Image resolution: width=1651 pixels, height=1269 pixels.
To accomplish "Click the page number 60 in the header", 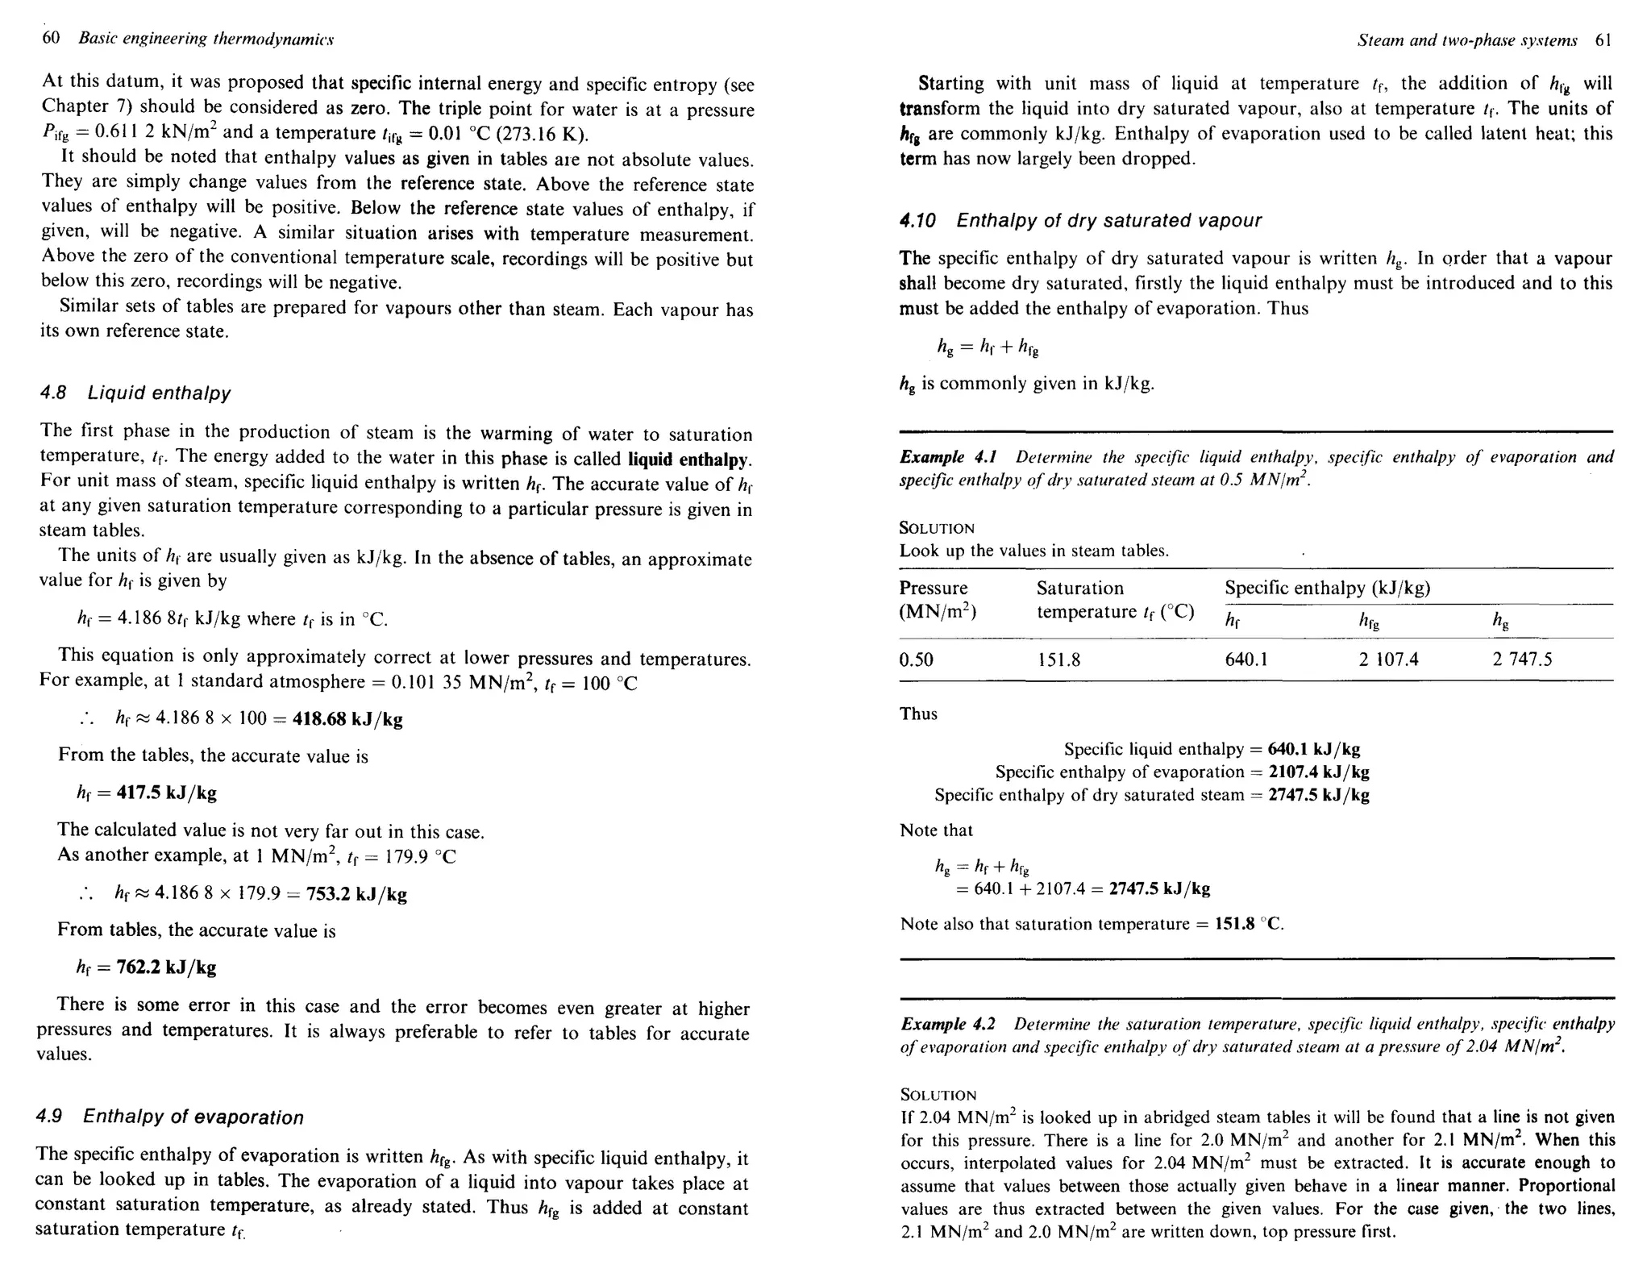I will (x=50, y=38).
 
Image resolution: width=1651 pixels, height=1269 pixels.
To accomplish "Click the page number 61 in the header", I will (x=1603, y=40).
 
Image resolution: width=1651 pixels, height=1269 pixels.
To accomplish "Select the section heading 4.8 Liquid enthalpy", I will (x=135, y=393).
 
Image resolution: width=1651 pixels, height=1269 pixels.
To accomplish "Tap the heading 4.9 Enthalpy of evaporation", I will (x=170, y=1117).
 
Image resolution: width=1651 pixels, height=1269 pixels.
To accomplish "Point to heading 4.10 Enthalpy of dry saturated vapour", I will (x=1080, y=220).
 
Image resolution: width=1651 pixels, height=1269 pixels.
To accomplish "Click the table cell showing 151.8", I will (x=1058, y=659).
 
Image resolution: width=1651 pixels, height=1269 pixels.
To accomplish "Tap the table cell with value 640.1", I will (x=1246, y=659).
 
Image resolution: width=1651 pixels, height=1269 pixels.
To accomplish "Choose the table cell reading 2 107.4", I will (x=1388, y=659).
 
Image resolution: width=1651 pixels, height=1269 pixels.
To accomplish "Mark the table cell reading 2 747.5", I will (x=1522, y=659).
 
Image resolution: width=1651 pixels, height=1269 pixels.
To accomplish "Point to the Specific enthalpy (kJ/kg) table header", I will (x=1327, y=588).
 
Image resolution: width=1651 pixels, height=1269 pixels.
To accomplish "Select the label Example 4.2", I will (x=948, y=1024).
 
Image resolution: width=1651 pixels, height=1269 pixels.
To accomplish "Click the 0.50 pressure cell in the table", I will (x=916, y=659).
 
